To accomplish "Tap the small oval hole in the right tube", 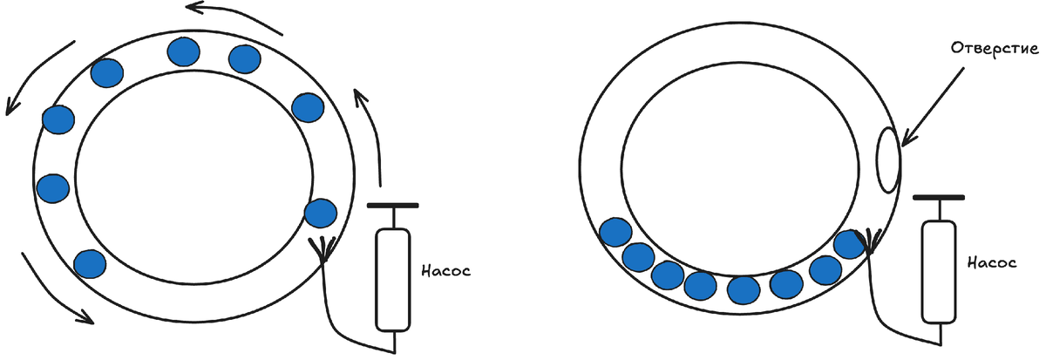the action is click(x=887, y=159).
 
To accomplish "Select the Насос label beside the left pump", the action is click(x=444, y=271).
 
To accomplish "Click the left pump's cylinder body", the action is click(x=392, y=279).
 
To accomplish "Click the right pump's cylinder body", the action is click(x=939, y=271).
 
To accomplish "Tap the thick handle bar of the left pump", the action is click(x=392, y=206).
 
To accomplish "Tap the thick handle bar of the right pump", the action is click(x=939, y=197).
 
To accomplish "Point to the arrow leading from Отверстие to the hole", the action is click(x=933, y=105).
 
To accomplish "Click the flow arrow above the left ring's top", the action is click(x=235, y=17).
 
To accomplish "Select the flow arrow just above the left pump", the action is click(x=370, y=131).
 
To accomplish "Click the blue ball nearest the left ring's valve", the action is click(x=320, y=214).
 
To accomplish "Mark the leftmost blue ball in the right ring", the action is click(x=617, y=233).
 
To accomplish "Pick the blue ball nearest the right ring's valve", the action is click(x=848, y=245).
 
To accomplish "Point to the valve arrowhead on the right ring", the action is click(x=868, y=241).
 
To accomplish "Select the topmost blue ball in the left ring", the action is click(x=184, y=52).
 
